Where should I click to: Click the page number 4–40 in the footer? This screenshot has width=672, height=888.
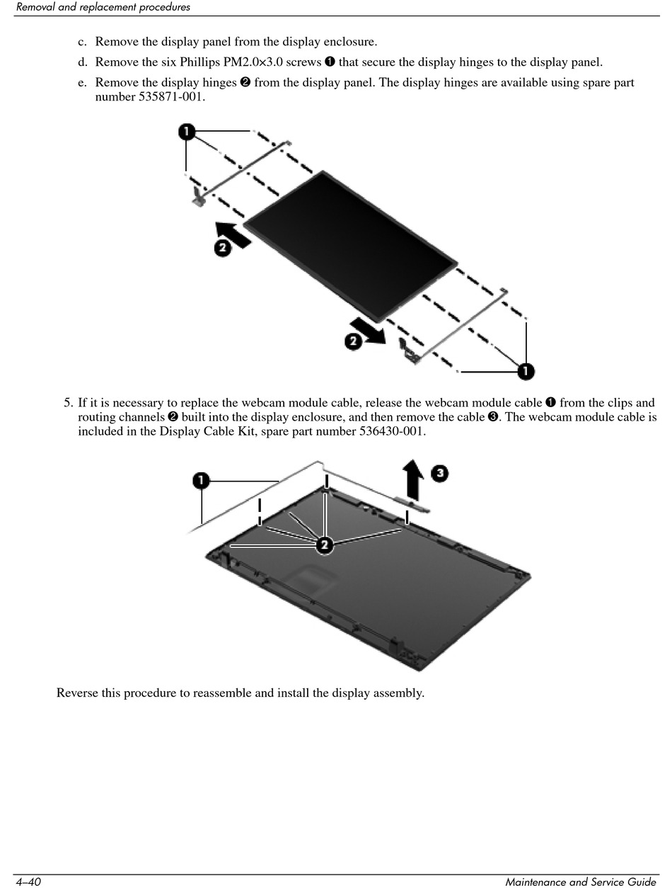coord(28,881)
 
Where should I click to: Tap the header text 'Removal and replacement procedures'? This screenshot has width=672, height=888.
coord(103,8)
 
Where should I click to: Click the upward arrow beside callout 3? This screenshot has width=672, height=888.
coord(413,479)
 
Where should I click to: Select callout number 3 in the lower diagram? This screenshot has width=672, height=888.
coord(439,472)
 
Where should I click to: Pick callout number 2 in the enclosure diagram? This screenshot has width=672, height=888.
coord(323,544)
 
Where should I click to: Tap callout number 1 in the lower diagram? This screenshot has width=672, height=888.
coord(202,482)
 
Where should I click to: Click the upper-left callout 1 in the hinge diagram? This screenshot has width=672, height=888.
coord(186,132)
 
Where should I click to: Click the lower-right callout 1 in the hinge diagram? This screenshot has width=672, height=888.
coord(526,370)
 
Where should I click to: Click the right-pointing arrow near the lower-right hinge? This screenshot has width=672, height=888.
coord(368,331)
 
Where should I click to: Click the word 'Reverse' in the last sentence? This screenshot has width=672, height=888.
coord(77,693)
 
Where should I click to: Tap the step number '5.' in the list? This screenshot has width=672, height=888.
coord(68,403)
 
